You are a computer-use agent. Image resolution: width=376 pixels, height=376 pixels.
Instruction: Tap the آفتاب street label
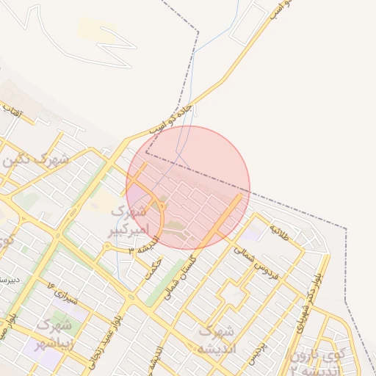[x=13, y=112]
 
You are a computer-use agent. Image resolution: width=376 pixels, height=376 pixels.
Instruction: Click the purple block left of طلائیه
[x=254, y=234]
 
